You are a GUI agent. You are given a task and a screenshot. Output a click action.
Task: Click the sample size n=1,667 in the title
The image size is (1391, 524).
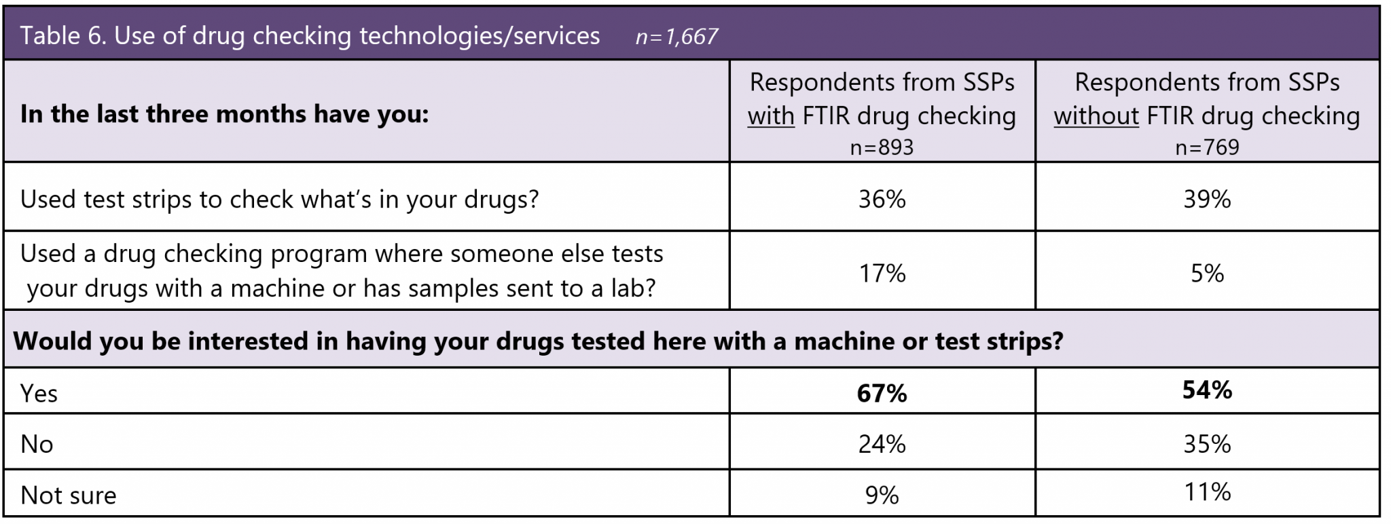(676, 36)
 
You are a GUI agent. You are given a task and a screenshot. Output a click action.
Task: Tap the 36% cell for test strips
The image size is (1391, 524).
(882, 199)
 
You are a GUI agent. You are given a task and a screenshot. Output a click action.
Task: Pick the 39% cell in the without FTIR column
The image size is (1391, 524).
(1207, 199)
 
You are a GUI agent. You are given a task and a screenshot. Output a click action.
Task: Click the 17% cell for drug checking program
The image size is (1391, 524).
(882, 273)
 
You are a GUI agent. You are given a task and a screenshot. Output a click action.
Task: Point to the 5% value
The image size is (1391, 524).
(1207, 273)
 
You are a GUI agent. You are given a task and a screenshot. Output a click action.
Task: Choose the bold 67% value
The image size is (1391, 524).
(882, 393)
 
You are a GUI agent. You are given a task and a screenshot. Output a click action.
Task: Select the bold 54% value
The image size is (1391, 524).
(1207, 390)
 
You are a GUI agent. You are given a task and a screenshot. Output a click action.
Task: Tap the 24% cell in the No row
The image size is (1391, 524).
(882, 444)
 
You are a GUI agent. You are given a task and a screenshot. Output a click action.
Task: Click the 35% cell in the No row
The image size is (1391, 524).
(1207, 444)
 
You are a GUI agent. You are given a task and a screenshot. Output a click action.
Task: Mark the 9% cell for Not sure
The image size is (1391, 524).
(882, 495)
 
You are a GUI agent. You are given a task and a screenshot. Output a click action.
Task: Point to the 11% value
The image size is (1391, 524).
(1207, 491)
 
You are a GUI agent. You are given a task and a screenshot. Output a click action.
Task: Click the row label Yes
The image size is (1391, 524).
(39, 394)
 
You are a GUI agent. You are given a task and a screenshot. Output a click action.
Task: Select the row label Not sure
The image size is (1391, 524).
(69, 495)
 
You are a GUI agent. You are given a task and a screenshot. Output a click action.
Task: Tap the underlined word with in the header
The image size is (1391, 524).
(771, 116)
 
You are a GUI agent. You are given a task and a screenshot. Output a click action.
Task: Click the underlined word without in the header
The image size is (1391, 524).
(1096, 116)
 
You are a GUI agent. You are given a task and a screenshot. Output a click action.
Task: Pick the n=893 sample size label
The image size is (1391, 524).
(882, 147)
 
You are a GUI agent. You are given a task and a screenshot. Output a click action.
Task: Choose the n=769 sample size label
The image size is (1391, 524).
(1207, 147)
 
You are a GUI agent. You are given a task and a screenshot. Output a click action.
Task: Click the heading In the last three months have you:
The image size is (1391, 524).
(225, 114)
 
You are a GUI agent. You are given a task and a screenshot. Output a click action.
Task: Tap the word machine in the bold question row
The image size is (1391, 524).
(844, 341)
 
